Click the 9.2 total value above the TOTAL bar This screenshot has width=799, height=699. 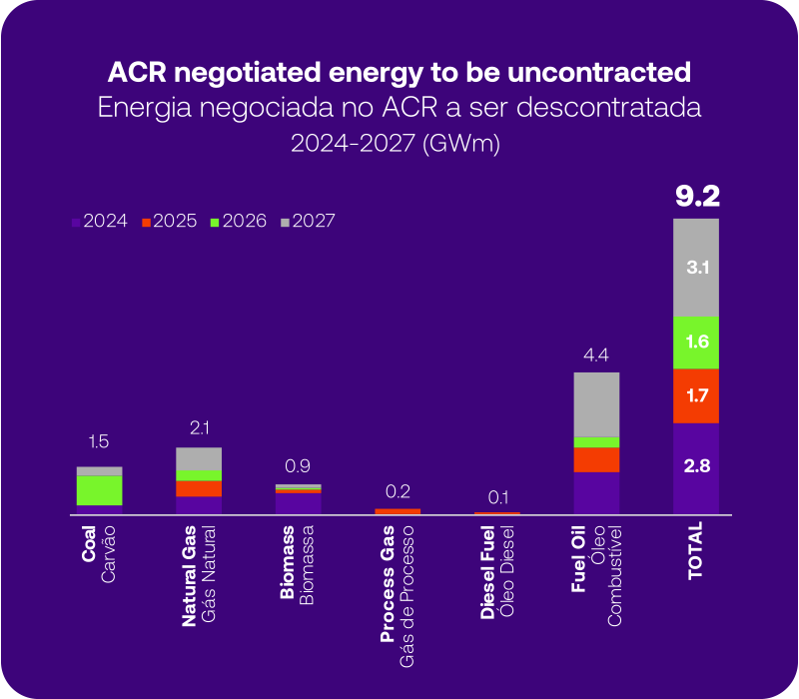point(696,196)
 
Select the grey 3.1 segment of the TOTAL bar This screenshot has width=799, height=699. point(696,268)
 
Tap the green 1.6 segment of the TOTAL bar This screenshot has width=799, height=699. point(696,342)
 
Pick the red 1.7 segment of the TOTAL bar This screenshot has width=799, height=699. point(696,395)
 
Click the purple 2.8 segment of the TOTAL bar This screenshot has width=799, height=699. point(696,466)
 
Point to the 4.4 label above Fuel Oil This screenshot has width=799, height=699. point(596,355)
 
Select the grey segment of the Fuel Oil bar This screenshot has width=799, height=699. point(596,404)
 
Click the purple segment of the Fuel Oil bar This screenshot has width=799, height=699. point(596,492)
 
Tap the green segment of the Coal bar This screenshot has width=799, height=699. point(100,490)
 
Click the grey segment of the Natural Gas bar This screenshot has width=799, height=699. point(199,458)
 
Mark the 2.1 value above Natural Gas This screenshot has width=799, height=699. point(199,428)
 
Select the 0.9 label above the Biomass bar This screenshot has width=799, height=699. point(299,465)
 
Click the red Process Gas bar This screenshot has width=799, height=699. point(398,511)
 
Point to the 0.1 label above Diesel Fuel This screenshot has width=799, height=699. point(496,496)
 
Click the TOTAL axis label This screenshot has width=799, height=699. point(696,549)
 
